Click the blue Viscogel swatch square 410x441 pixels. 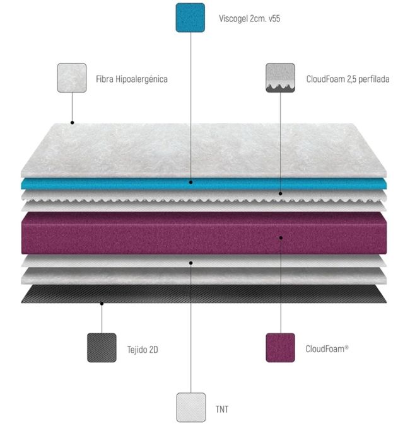(x=190, y=18)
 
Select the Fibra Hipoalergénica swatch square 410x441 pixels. (x=72, y=78)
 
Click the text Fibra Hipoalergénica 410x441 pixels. (x=132, y=79)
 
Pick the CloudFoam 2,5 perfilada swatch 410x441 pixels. (x=281, y=78)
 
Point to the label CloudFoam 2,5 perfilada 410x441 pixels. (x=348, y=79)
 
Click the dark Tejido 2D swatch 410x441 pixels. (x=102, y=347)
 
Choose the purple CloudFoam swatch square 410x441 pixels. (x=281, y=347)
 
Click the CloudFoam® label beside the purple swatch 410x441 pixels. (x=327, y=348)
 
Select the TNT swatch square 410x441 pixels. (x=191, y=408)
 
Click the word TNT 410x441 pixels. (x=222, y=409)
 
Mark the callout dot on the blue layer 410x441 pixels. (x=190, y=182)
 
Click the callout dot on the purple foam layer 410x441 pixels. (x=281, y=238)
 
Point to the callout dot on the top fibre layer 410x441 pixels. (x=72, y=122)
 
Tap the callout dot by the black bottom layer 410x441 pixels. (x=102, y=304)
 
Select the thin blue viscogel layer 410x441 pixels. (x=126, y=183)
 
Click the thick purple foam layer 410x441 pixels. (x=158, y=233)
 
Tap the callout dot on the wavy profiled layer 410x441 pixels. (x=281, y=194)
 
